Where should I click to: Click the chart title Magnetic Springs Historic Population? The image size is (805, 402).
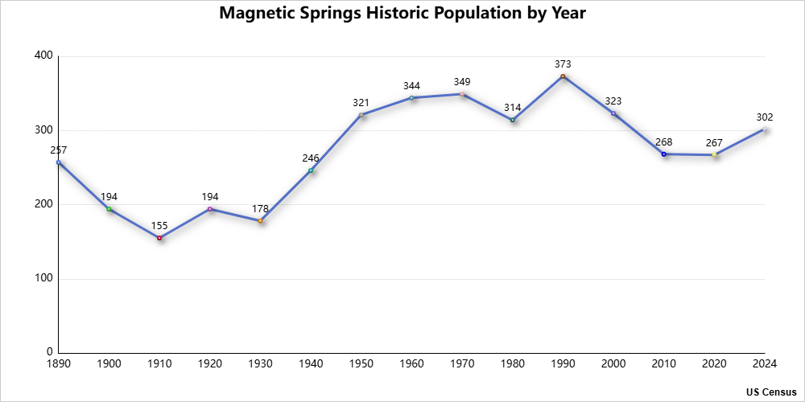point(402,14)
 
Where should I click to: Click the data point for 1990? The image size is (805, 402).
point(563,76)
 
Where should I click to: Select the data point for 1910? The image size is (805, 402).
point(159,238)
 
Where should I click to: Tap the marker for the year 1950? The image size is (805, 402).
point(361,115)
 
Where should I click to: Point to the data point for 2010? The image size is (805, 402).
point(663,154)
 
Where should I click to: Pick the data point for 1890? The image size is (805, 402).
point(59,162)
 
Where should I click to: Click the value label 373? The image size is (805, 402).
point(563,64)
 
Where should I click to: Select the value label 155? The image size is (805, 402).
point(159,225)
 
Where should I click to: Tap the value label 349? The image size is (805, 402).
point(462,81)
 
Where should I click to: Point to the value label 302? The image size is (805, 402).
point(765,117)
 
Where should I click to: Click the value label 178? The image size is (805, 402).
point(260,208)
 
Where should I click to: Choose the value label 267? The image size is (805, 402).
point(714,142)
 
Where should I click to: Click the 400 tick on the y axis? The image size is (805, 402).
point(43,55)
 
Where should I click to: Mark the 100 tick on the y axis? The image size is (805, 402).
point(43,278)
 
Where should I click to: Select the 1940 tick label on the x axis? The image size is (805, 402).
point(311,364)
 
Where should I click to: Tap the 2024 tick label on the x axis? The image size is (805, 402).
point(765,364)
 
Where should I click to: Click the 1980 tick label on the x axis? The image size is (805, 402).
point(512,364)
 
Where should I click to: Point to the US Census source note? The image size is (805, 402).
point(771,392)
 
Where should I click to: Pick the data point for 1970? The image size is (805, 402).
point(462,94)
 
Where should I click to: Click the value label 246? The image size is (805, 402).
point(311,158)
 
